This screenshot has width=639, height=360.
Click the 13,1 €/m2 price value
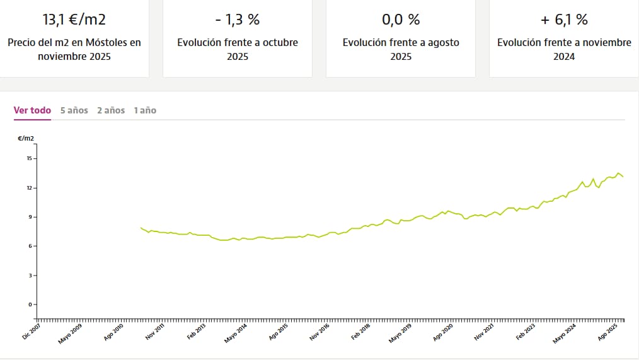pos(74,20)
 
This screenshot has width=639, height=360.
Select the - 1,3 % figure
pos(237,20)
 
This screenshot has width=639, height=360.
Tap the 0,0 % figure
pos(401,20)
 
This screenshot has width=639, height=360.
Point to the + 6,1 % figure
pos(564,20)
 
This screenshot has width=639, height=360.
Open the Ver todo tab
pos(32,110)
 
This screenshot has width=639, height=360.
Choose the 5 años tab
pos(74,110)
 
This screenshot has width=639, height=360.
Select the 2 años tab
pos(111,110)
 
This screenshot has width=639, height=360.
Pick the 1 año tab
pos(145,110)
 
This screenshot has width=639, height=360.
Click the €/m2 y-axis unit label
pos(26,137)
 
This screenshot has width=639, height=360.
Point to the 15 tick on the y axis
pos(28,158)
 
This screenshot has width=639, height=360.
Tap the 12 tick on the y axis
pos(28,188)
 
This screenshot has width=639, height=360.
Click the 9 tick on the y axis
pos(30,217)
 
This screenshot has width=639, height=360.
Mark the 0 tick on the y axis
pos(30,305)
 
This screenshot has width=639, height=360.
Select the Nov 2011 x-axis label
pos(154,332)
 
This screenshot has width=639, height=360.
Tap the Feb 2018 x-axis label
pos(360,332)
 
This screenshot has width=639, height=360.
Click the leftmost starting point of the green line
pos(141,228)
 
